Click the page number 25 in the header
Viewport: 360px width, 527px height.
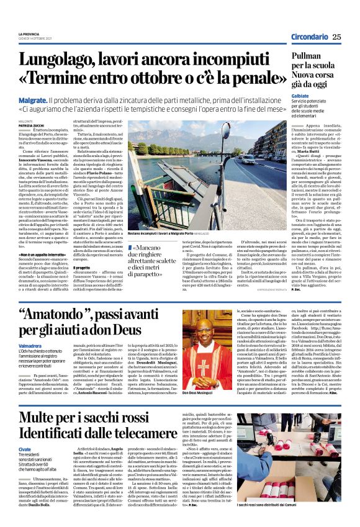(x=336, y=37)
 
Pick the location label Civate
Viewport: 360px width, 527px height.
(x=25, y=448)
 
